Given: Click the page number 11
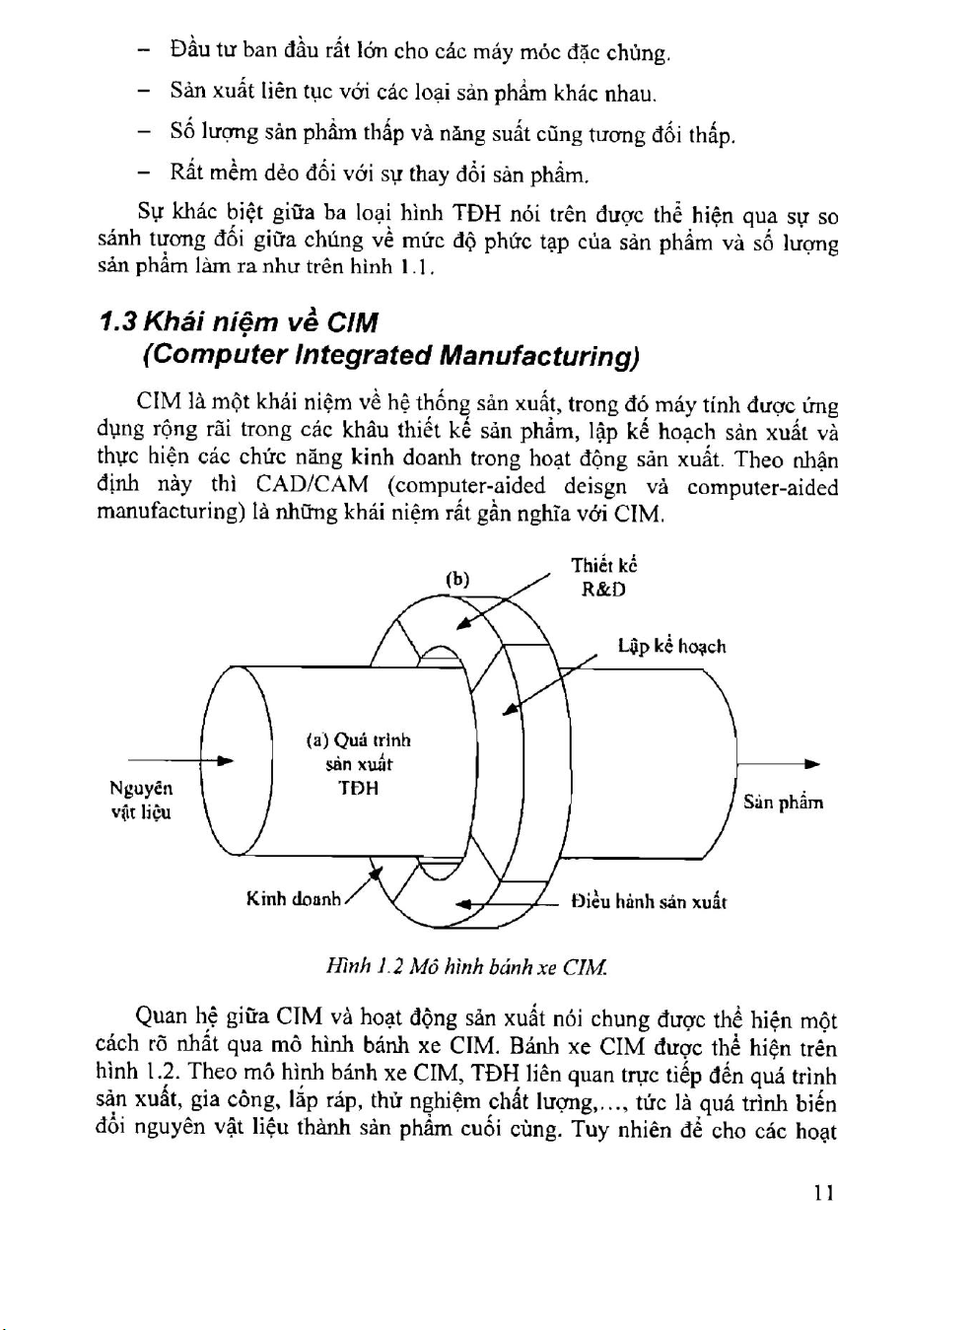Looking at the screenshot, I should point(824,1192).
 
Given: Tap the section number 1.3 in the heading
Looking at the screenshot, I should point(119,322).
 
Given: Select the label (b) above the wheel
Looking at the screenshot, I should point(457,579).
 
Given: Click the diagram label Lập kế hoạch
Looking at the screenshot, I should point(671,646).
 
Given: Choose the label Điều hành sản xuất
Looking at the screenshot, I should point(650,901).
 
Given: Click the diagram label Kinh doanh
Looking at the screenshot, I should point(293,899).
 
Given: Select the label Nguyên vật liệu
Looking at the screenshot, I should point(141,800).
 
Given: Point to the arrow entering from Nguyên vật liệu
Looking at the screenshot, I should point(182,760).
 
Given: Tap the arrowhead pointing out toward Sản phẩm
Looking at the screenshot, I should point(812,763).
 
